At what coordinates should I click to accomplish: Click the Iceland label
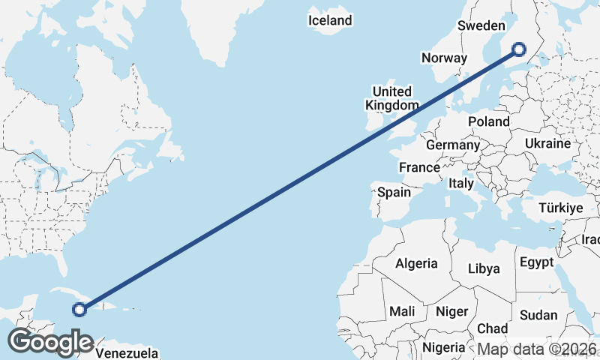(330, 20)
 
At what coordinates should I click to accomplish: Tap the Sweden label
(481, 25)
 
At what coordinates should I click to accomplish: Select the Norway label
(444, 58)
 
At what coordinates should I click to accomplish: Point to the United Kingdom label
(391, 98)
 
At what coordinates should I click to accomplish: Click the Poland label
(488, 121)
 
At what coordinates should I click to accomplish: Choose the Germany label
(452, 145)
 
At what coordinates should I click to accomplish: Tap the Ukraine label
(547, 142)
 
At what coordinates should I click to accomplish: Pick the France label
(418, 167)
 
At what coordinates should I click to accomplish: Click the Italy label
(460, 183)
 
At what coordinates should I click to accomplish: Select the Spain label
(394, 192)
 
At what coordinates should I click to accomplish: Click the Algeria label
(416, 263)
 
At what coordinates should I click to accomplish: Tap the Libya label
(483, 268)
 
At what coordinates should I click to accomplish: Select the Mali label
(402, 310)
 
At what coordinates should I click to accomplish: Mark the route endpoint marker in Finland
(519, 50)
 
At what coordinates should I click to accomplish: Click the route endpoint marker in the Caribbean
(79, 308)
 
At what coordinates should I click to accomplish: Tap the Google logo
(51, 342)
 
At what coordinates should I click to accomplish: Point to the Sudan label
(539, 315)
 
